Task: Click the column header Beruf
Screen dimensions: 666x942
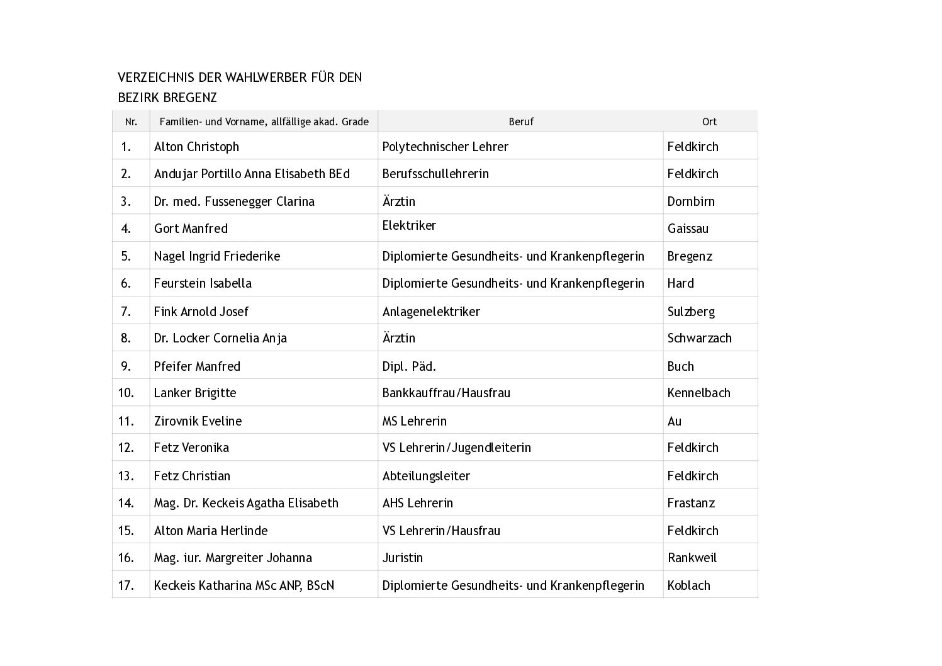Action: click(521, 121)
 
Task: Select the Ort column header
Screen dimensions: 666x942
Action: click(709, 121)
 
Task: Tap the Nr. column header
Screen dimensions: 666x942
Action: click(131, 121)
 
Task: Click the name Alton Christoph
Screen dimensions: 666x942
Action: click(196, 147)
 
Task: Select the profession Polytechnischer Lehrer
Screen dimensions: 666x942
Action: click(445, 147)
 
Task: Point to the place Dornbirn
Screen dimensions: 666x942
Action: click(691, 201)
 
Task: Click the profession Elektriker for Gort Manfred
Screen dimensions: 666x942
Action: click(409, 225)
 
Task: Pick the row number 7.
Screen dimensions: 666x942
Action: click(126, 312)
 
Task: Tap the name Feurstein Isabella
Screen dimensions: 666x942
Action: click(203, 283)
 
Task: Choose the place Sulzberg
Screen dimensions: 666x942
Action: click(691, 312)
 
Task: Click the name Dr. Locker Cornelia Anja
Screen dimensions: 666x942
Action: click(220, 338)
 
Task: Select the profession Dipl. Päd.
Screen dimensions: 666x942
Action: click(409, 366)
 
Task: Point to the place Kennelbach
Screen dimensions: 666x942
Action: click(698, 393)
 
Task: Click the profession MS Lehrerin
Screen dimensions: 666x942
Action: click(414, 421)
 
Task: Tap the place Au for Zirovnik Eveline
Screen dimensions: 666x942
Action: click(675, 421)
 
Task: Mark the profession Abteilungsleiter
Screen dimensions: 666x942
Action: click(426, 476)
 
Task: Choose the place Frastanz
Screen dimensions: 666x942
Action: click(691, 503)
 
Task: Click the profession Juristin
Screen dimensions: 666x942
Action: click(402, 558)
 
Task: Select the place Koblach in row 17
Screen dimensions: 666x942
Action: click(688, 585)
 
